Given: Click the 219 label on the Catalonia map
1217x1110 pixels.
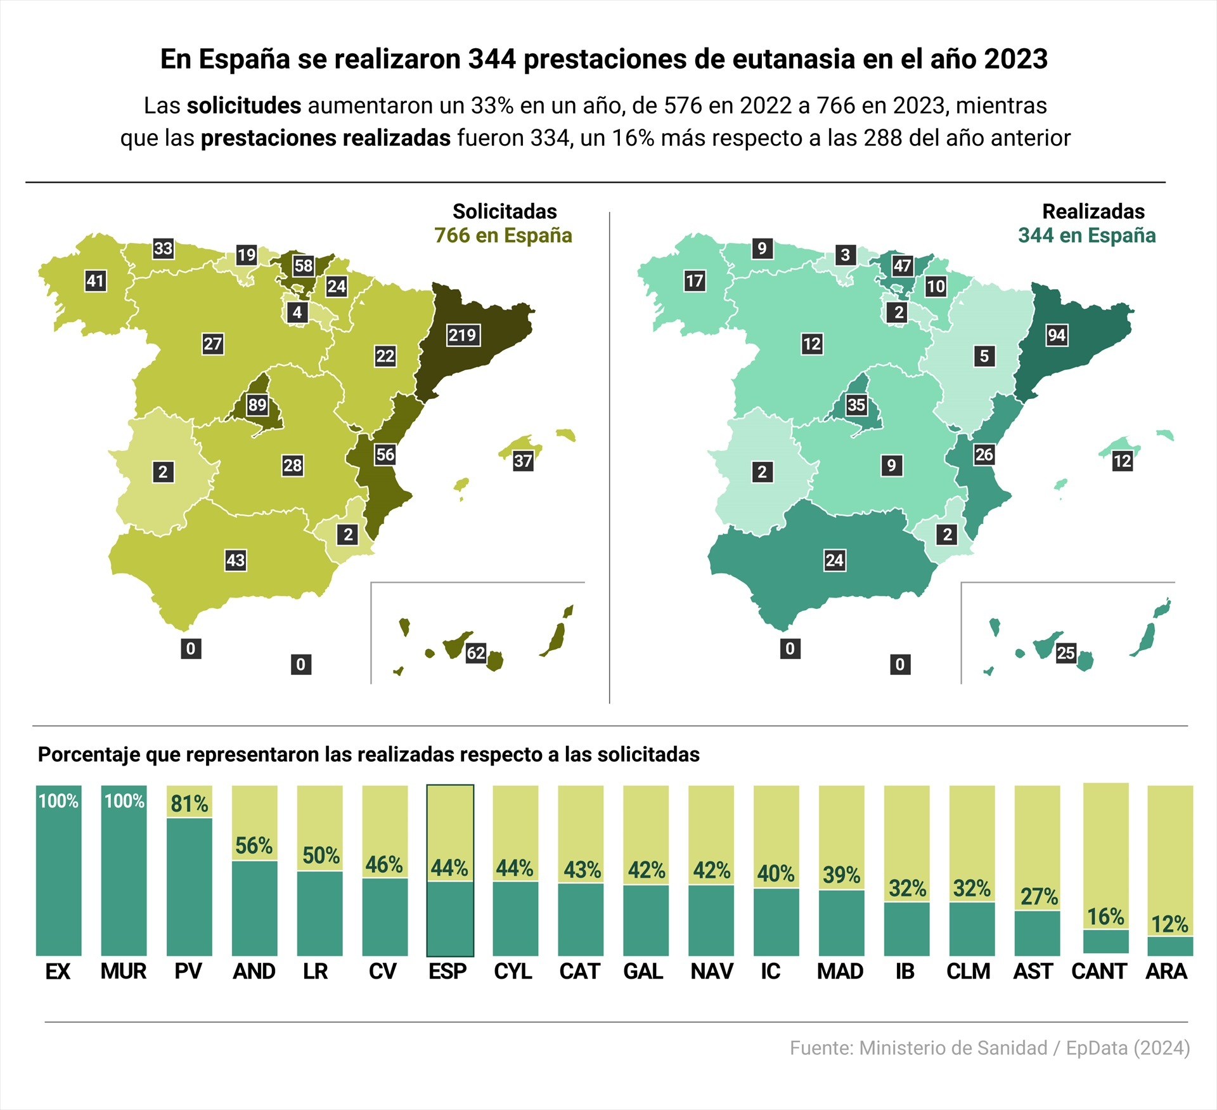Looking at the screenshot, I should pyautogui.click(x=462, y=335).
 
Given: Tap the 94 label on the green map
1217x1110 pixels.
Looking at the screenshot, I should pyautogui.click(x=1057, y=335).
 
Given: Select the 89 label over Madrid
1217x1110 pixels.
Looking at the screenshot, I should pyautogui.click(x=257, y=405).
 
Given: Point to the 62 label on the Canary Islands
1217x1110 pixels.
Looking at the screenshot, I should pyautogui.click(x=476, y=653).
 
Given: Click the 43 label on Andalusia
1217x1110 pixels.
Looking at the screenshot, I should pyautogui.click(x=236, y=560).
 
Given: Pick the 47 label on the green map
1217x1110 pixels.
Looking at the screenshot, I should pyautogui.click(x=902, y=265).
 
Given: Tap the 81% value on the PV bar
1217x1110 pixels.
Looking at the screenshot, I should pyautogui.click(x=189, y=804).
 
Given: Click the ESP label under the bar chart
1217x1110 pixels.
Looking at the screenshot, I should pyautogui.click(x=448, y=971).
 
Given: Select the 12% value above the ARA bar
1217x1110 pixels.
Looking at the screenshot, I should pyautogui.click(x=1169, y=924).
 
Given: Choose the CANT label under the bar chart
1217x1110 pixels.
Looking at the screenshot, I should pyautogui.click(x=1099, y=971).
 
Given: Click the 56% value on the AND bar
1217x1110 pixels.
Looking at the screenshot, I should pyautogui.click(x=254, y=846).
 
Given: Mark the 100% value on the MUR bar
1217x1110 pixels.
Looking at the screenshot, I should pyautogui.click(x=124, y=801).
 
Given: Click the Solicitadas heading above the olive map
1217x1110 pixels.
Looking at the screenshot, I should pyautogui.click(x=505, y=211).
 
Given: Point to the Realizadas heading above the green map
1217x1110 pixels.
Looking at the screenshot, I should pyautogui.click(x=1093, y=211).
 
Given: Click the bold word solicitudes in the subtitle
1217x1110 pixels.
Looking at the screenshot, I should pyautogui.click(x=243, y=105).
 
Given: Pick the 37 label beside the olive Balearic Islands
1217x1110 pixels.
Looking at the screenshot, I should pyautogui.click(x=523, y=461).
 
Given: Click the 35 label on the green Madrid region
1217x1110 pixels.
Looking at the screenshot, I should pyautogui.click(x=856, y=405).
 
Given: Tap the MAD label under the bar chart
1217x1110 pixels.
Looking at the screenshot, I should pyautogui.click(x=840, y=971).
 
